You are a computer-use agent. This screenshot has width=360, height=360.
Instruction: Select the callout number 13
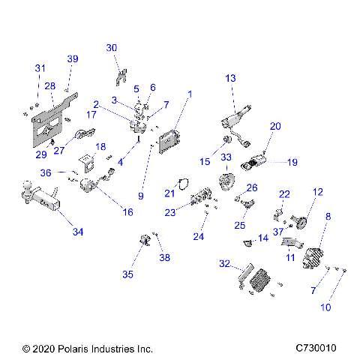tap(229, 78)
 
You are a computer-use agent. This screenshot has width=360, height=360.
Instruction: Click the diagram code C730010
tap(316, 349)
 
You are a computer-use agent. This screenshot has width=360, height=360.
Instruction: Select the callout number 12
tap(317, 192)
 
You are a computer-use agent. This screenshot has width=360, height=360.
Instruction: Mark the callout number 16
tap(127, 212)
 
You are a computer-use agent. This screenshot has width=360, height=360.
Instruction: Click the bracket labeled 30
tap(119, 76)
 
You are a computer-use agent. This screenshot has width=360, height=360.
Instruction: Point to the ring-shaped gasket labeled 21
tap(178, 182)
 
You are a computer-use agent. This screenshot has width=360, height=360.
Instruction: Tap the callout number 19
tap(292, 161)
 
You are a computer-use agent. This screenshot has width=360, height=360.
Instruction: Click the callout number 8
tap(327, 217)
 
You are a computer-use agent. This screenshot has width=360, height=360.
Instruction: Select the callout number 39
tap(73, 58)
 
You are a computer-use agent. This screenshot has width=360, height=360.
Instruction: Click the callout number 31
tap(39, 68)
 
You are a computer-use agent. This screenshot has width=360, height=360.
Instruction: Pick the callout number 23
tap(170, 212)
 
